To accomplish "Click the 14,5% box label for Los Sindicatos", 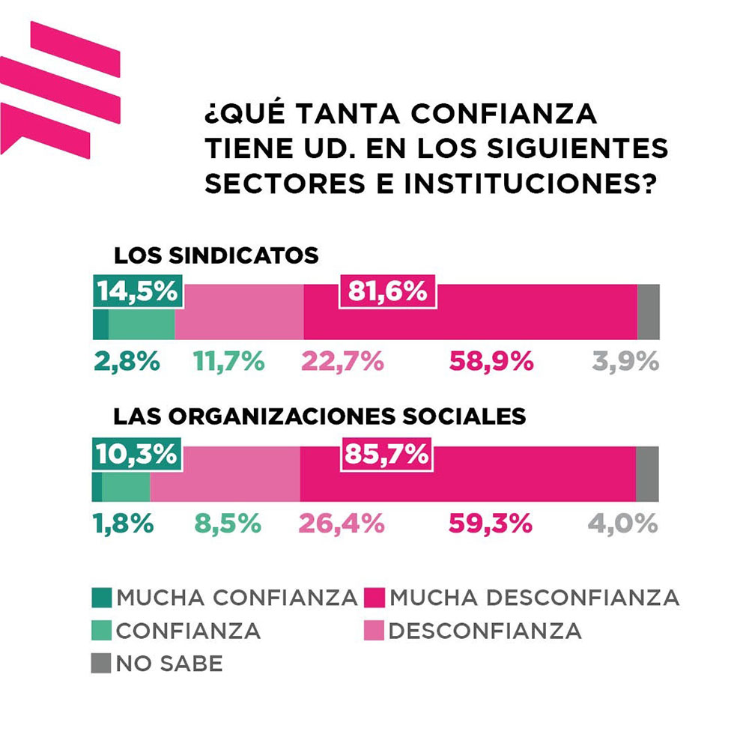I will click(139, 291).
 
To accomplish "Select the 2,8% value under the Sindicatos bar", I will click(127, 362).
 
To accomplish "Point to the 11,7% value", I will click(229, 362).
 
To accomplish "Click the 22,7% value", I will click(342, 362).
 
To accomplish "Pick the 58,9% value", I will click(491, 362).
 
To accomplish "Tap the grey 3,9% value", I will click(625, 362).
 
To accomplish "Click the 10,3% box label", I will click(136, 454).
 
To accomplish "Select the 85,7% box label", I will click(385, 455).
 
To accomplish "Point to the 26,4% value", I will click(342, 524).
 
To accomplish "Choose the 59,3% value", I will click(491, 524).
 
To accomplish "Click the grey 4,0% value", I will click(622, 524).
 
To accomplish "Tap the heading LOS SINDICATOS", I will click(216, 255).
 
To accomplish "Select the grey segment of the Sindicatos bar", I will click(648, 312).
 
